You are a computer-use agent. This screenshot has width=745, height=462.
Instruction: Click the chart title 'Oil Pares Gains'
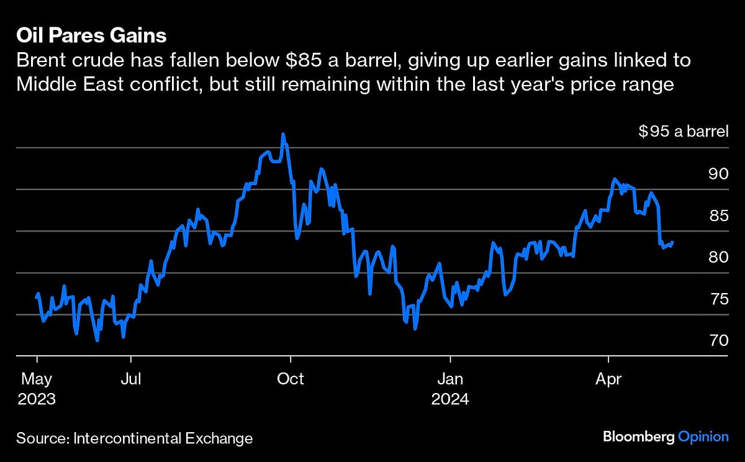[91, 35]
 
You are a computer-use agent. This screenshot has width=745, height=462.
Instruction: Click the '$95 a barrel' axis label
[683, 131]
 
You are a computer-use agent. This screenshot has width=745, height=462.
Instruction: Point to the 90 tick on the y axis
[718, 173]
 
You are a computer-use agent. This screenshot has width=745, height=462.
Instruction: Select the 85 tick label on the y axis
[718, 215]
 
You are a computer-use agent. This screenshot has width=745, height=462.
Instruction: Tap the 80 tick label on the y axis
[718, 257]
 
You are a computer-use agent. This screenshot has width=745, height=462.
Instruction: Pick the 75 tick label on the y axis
[718, 299]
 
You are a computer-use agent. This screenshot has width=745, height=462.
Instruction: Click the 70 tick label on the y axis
[718, 341]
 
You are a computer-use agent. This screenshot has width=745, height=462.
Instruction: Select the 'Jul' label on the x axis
[131, 378]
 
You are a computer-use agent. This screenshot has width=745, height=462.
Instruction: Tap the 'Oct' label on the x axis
[291, 378]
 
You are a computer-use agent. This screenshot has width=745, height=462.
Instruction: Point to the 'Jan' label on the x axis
[450, 378]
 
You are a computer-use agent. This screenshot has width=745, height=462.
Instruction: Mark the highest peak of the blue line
[283, 134]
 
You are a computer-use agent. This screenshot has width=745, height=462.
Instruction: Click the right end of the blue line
[673, 243]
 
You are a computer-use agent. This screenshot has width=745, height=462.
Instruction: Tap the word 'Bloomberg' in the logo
[638, 437]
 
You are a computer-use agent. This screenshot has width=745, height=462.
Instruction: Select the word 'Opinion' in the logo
[702, 437]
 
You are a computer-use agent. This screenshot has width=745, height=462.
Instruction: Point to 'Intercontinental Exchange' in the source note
[163, 438]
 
